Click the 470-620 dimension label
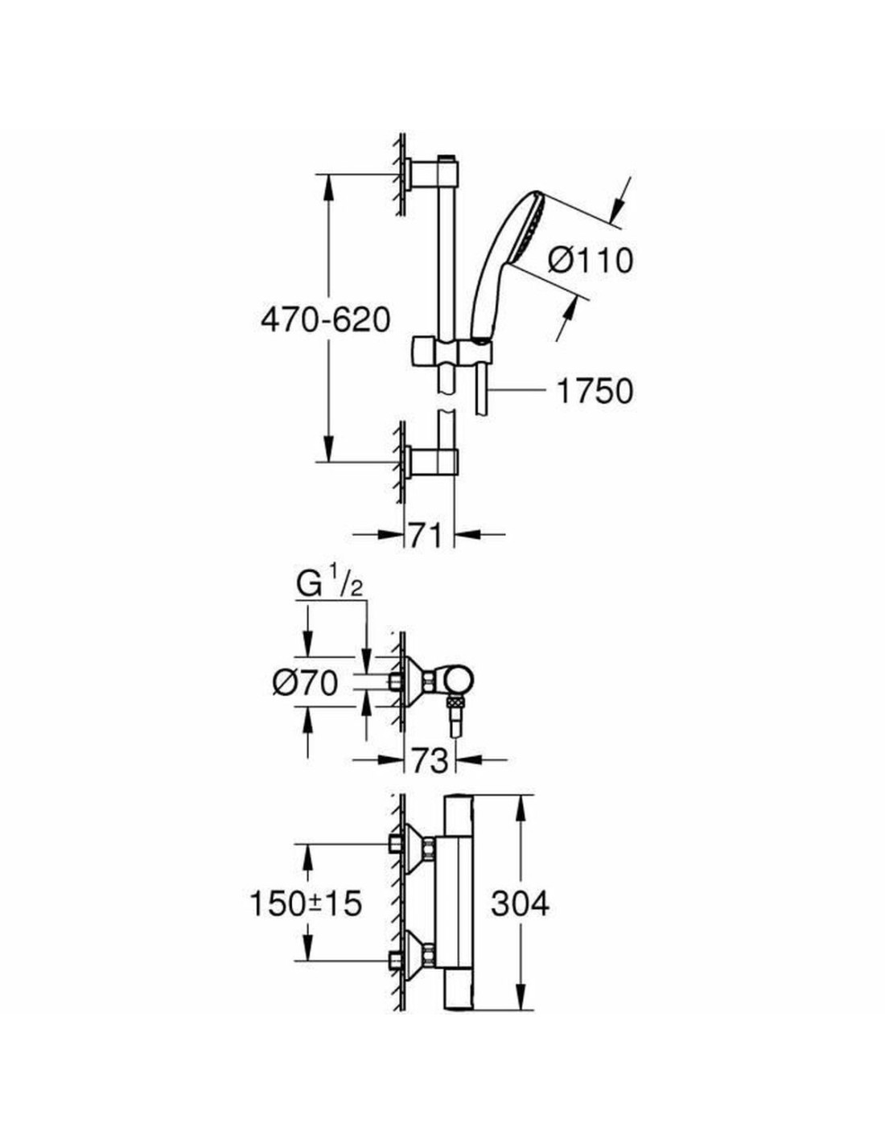325,320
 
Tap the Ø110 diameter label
591,260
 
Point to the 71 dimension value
426,535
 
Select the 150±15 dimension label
305,903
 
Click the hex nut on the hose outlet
455,706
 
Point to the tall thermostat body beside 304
456,903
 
